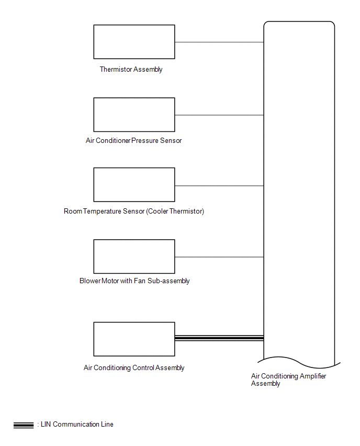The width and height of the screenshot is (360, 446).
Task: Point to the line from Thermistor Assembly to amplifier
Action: pyautogui.click(x=219, y=42)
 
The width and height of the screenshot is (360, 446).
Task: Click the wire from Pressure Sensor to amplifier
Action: pyautogui.click(x=219, y=115)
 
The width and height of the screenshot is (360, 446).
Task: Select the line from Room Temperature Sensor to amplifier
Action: pyautogui.click(x=219, y=186)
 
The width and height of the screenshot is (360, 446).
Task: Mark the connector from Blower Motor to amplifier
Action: pyautogui.click(x=219, y=257)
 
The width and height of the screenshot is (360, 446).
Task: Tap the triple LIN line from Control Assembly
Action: pyautogui.click(x=219, y=338)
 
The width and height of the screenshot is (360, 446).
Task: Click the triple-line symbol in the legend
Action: pyautogui.click(x=24, y=425)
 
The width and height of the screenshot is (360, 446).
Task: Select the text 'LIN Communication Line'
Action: pyautogui.click(x=77, y=425)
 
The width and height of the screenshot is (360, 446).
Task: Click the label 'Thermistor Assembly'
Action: pyautogui.click(x=131, y=70)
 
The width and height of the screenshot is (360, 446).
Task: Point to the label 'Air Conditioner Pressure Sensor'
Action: pyautogui.click(x=133, y=140)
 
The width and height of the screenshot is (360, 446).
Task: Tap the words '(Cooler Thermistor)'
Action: pyautogui.click(x=175, y=211)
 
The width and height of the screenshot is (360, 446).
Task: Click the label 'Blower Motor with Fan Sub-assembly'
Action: pyautogui.click(x=134, y=281)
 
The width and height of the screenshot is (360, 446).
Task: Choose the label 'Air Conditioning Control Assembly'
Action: pyautogui.click(x=134, y=368)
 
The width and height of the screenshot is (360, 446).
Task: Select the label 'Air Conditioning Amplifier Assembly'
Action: pyautogui.click(x=288, y=380)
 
